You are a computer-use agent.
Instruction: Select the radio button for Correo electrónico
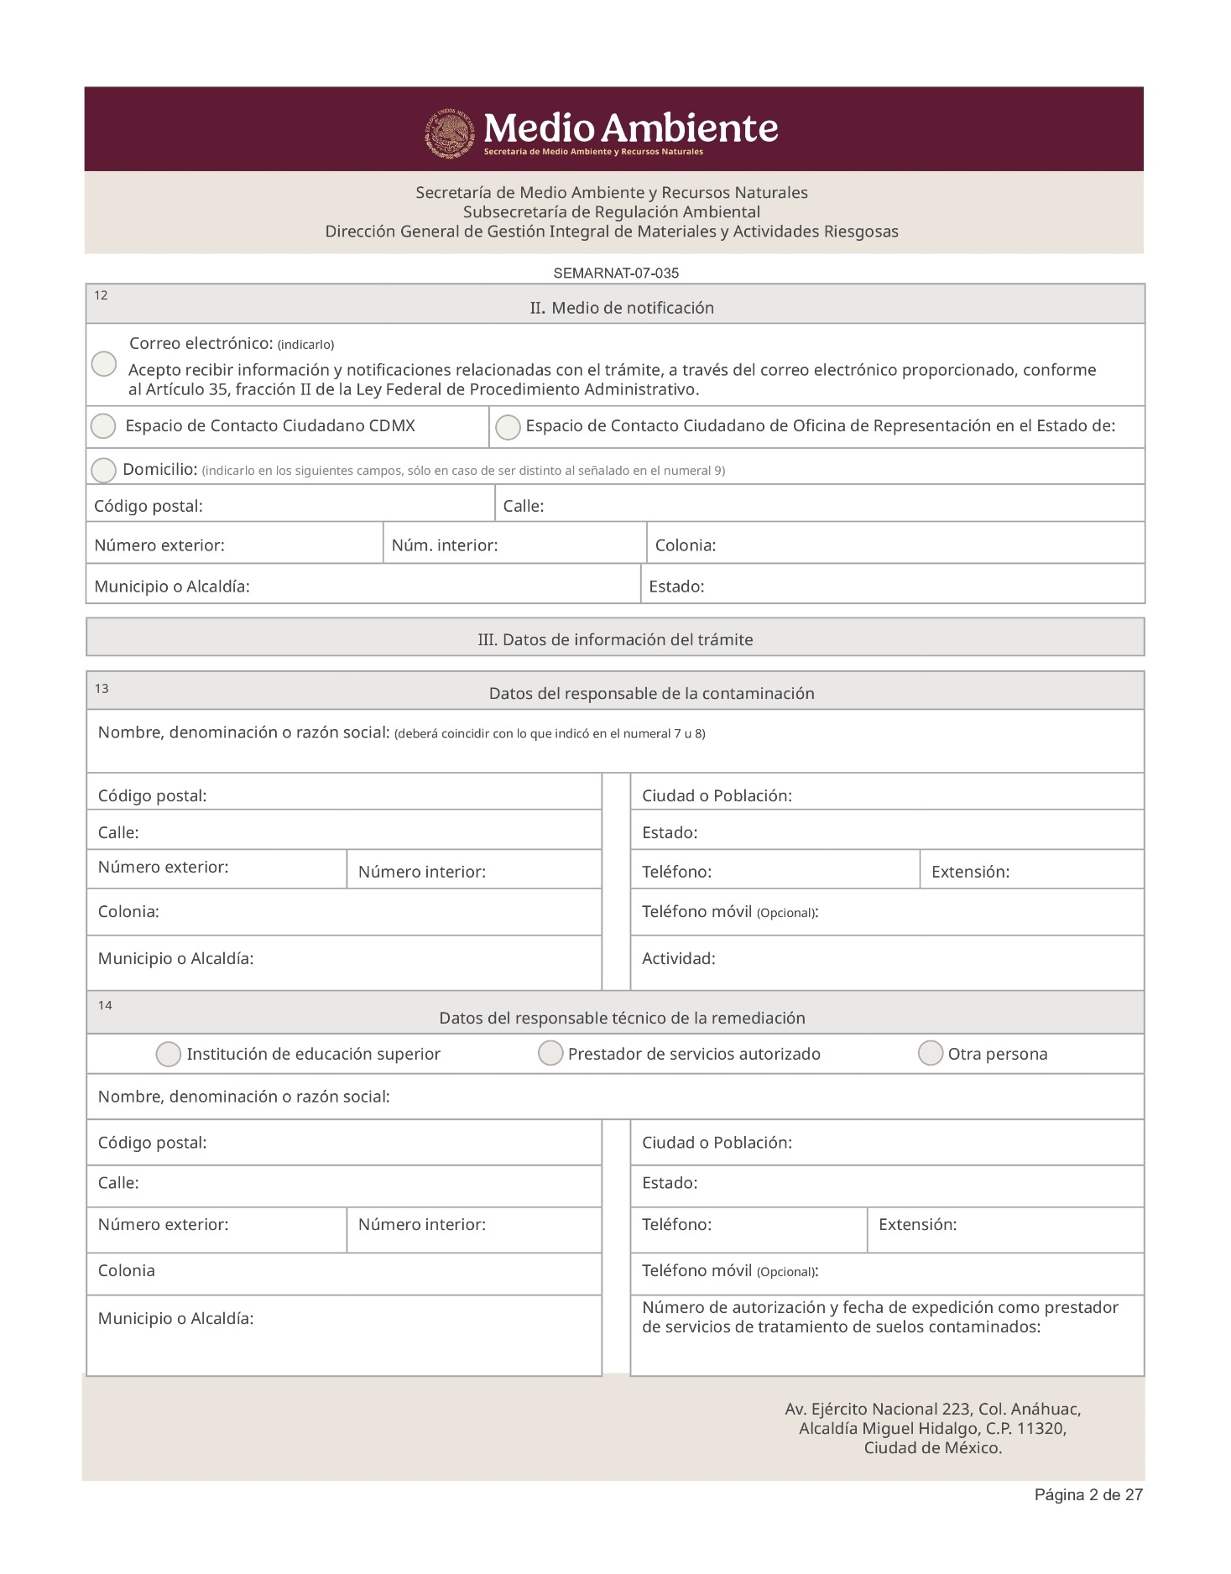coord(104,364)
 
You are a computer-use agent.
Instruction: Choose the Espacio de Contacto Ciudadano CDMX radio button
coord(103,426)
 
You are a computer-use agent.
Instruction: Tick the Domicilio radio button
coord(103,470)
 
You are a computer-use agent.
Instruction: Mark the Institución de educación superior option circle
coord(169,1055)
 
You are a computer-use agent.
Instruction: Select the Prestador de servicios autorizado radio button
coord(550,1053)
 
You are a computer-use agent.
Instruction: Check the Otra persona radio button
coord(931,1053)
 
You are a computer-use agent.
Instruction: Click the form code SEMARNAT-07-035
coord(616,274)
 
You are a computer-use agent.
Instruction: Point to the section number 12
coord(101,295)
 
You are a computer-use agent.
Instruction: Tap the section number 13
coord(102,689)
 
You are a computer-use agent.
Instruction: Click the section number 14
coord(105,1005)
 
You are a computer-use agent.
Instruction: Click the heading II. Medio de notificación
coord(622,308)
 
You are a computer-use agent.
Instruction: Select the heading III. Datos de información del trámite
coord(615,640)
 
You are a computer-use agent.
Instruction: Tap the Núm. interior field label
coord(445,545)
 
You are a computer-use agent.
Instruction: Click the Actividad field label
coord(678,958)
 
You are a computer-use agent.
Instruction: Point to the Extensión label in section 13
coord(970,872)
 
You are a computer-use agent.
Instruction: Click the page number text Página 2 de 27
coord(1088,1495)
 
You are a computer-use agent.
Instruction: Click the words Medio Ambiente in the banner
coord(631,128)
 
